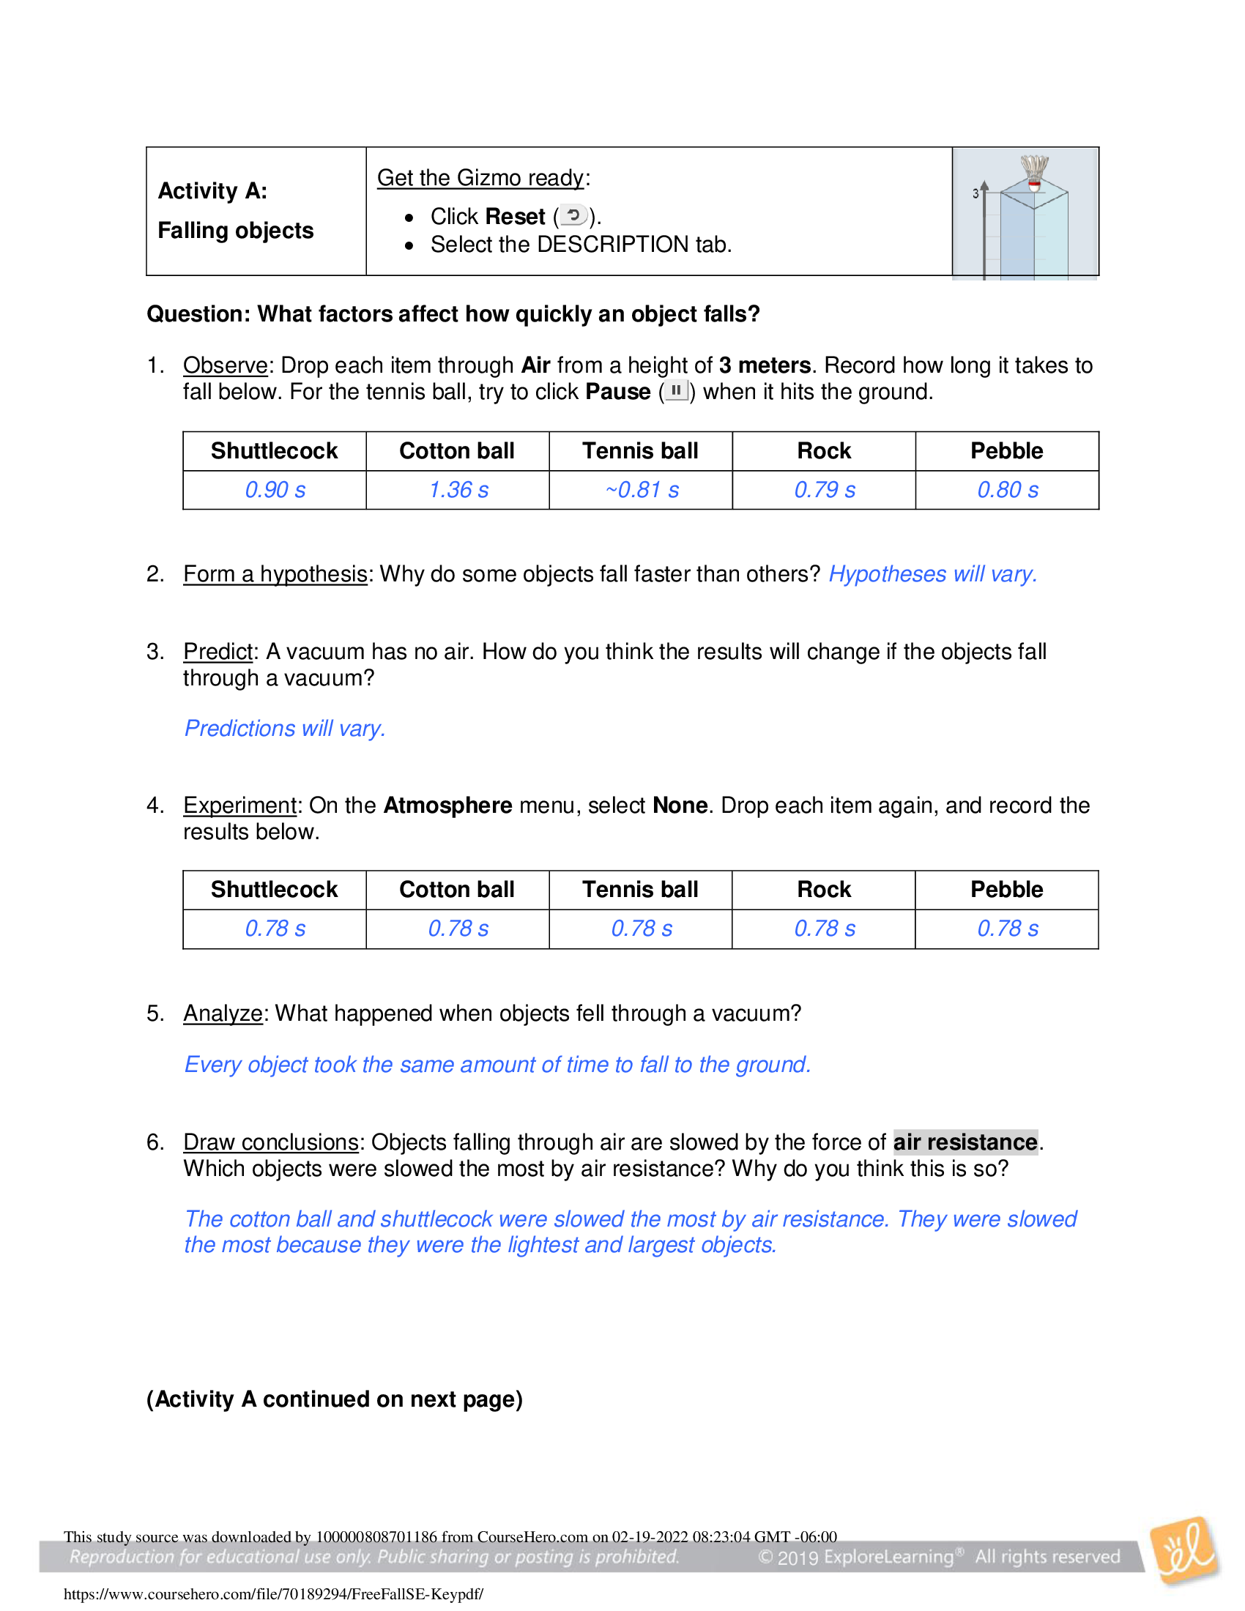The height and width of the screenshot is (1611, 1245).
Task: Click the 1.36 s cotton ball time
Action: [458, 490]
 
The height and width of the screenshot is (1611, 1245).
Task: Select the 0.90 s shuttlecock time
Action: [275, 490]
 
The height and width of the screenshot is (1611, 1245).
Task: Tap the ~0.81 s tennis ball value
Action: [641, 490]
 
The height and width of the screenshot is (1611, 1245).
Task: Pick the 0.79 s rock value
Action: [824, 490]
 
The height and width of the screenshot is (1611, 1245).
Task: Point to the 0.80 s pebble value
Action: [1007, 490]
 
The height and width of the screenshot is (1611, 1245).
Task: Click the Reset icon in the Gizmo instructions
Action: [573, 215]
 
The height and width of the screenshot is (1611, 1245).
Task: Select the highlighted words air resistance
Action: [965, 1142]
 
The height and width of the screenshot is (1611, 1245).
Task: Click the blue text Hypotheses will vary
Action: [932, 574]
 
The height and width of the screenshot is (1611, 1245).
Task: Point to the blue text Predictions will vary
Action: [285, 728]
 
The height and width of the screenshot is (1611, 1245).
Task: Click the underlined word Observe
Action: [225, 365]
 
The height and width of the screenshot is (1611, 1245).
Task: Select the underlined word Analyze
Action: [223, 1013]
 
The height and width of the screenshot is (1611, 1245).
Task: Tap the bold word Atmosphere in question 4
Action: [447, 805]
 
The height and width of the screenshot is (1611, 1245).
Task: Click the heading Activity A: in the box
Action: [212, 191]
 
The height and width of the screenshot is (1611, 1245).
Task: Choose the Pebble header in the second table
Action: [1006, 890]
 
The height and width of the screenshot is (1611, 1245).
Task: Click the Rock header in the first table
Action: [824, 450]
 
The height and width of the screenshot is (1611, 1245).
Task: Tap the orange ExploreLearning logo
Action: [1184, 1550]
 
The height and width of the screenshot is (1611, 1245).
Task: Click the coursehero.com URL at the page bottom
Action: [273, 1594]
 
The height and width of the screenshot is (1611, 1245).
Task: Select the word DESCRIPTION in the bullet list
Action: [612, 244]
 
